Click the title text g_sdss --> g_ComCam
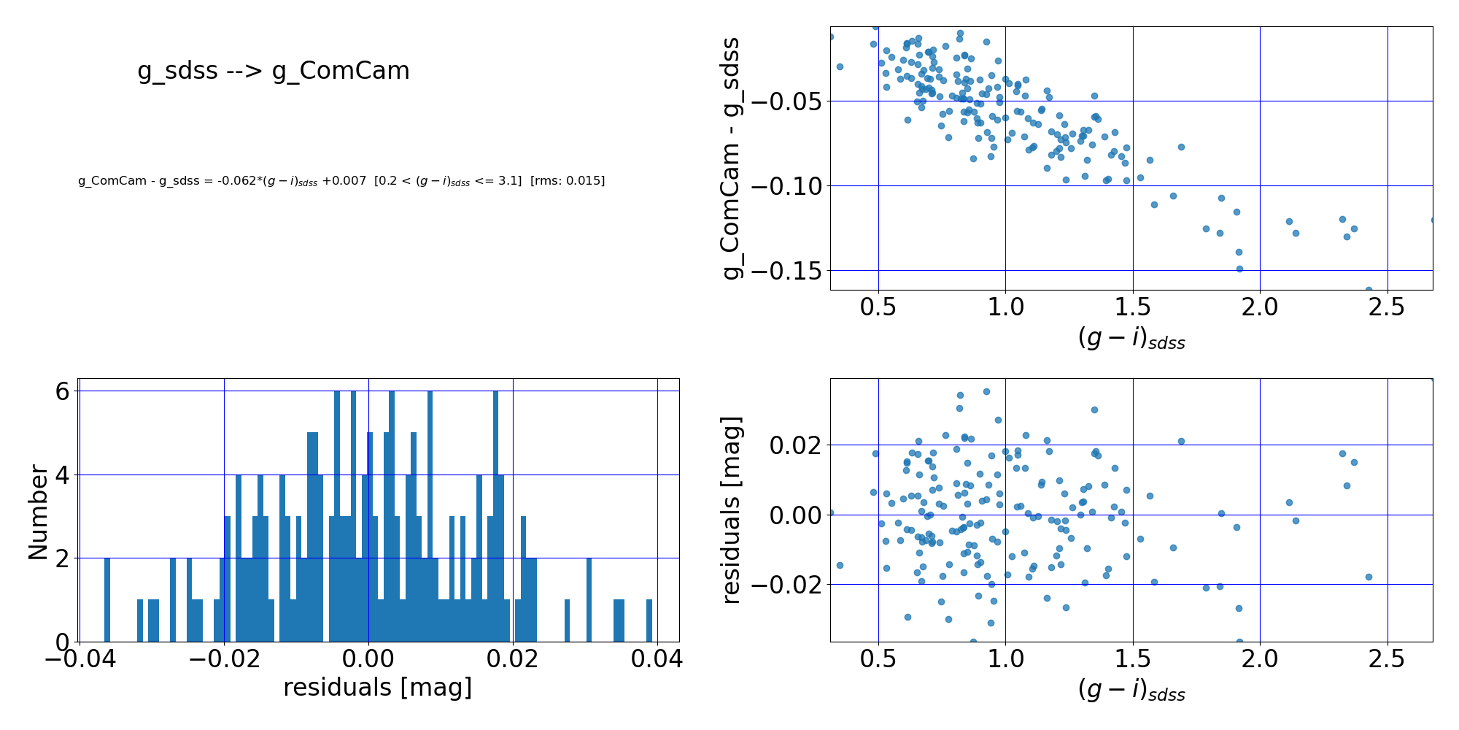point(274,71)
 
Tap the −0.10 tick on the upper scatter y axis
point(784,186)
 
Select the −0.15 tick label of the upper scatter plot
point(784,271)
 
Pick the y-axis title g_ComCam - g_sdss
point(731,158)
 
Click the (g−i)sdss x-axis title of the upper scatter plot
point(1131,338)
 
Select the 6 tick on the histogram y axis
point(63,392)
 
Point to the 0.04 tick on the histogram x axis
point(657,659)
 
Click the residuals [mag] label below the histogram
point(378,688)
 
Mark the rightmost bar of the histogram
point(649,620)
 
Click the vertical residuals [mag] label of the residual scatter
point(731,510)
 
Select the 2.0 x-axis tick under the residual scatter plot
point(1260,659)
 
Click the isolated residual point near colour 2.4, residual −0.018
point(1369,577)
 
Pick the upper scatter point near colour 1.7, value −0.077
point(1181,147)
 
